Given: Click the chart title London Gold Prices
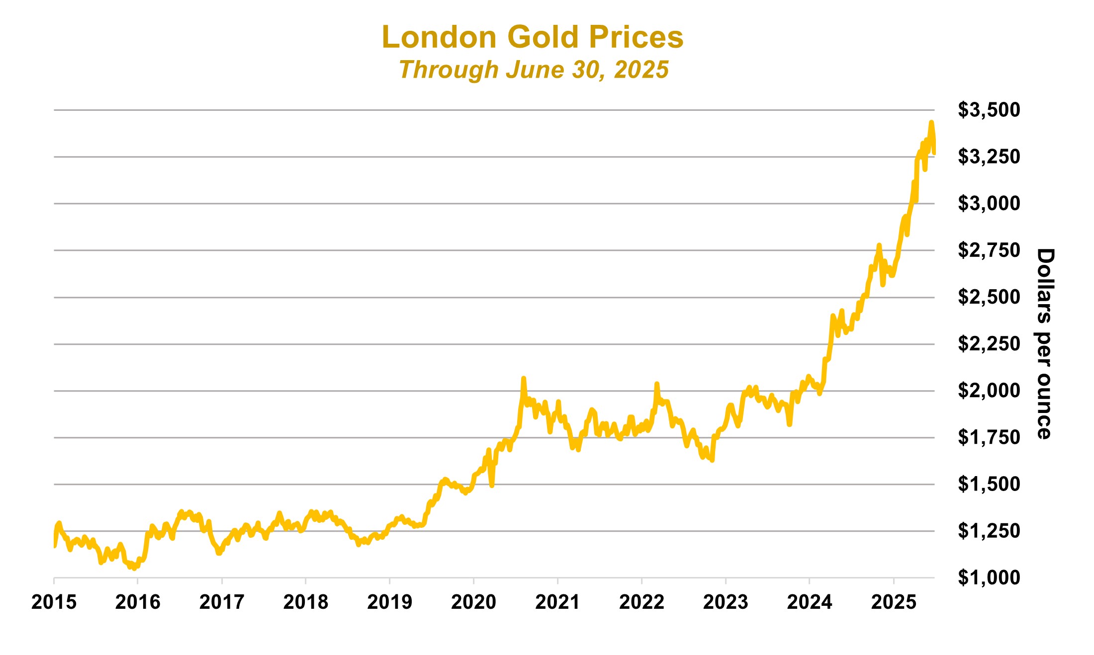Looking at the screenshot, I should [x=533, y=37].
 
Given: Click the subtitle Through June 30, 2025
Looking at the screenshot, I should [x=534, y=70].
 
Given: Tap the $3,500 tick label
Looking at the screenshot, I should [x=989, y=110].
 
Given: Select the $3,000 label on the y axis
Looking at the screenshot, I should [x=989, y=203].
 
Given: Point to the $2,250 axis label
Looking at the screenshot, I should [x=989, y=343].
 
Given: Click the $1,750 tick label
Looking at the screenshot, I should [x=989, y=437].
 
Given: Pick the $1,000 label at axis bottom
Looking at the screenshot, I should [x=989, y=577].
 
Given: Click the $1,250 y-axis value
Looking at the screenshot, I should [x=989, y=531].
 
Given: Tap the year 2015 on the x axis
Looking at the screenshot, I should [x=54, y=602].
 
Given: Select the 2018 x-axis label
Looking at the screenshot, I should [x=306, y=602].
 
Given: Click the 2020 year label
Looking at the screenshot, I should [x=473, y=602].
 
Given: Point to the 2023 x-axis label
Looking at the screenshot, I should [x=726, y=602].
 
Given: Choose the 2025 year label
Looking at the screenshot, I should [x=894, y=602].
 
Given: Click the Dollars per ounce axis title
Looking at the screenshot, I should [x=1045, y=343].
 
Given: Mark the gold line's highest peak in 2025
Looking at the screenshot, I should [x=931, y=122].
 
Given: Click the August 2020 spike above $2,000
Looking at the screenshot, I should [x=523, y=379].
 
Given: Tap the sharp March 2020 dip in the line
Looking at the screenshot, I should [x=492, y=485].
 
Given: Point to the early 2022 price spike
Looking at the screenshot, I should [x=657, y=384].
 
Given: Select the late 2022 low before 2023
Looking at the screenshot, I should [x=713, y=460].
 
